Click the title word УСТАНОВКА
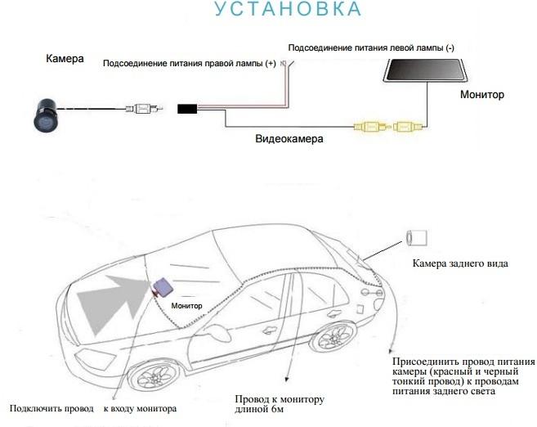click(288, 8)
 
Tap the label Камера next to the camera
click(65, 59)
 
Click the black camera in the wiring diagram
click(46, 115)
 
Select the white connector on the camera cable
click(144, 109)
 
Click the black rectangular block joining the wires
click(187, 109)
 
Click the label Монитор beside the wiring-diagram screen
click(482, 95)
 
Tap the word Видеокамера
click(289, 139)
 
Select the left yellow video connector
click(371, 127)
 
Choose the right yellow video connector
click(409, 127)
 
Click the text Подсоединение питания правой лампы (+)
click(190, 64)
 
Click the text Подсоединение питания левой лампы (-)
click(371, 47)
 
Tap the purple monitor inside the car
click(163, 287)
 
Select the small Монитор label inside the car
click(186, 306)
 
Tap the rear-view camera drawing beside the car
click(417, 238)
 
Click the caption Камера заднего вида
click(460, 263)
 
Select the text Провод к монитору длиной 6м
click(280, 404)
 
